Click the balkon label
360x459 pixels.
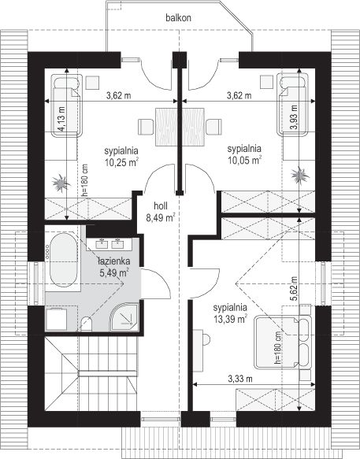tap(178, 17)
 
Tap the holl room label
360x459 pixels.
tap(161, 205)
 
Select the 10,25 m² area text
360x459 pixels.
tap(121, 162)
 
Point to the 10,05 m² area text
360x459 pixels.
tap(244, 160)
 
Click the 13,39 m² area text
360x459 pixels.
tap(231, 319)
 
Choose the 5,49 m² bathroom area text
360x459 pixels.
tap(114, 273)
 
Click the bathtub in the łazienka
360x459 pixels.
tap(64, 259)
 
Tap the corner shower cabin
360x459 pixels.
tap(124, 317)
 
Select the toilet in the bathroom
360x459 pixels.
tap(87, 324)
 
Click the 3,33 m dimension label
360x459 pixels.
tap(240, 379)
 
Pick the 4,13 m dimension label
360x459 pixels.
tap(61, 119)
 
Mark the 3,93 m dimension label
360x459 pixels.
tap(294, 117)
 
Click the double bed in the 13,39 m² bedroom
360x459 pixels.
tap(281, 342)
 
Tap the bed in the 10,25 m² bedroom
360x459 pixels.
tap(66, 105)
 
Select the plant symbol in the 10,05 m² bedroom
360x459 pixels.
tap(300, 175)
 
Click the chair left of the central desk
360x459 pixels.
tap(146, 127)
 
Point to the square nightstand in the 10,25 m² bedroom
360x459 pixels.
tap(92, 83)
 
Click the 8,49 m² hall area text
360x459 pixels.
tap(161, 218)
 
